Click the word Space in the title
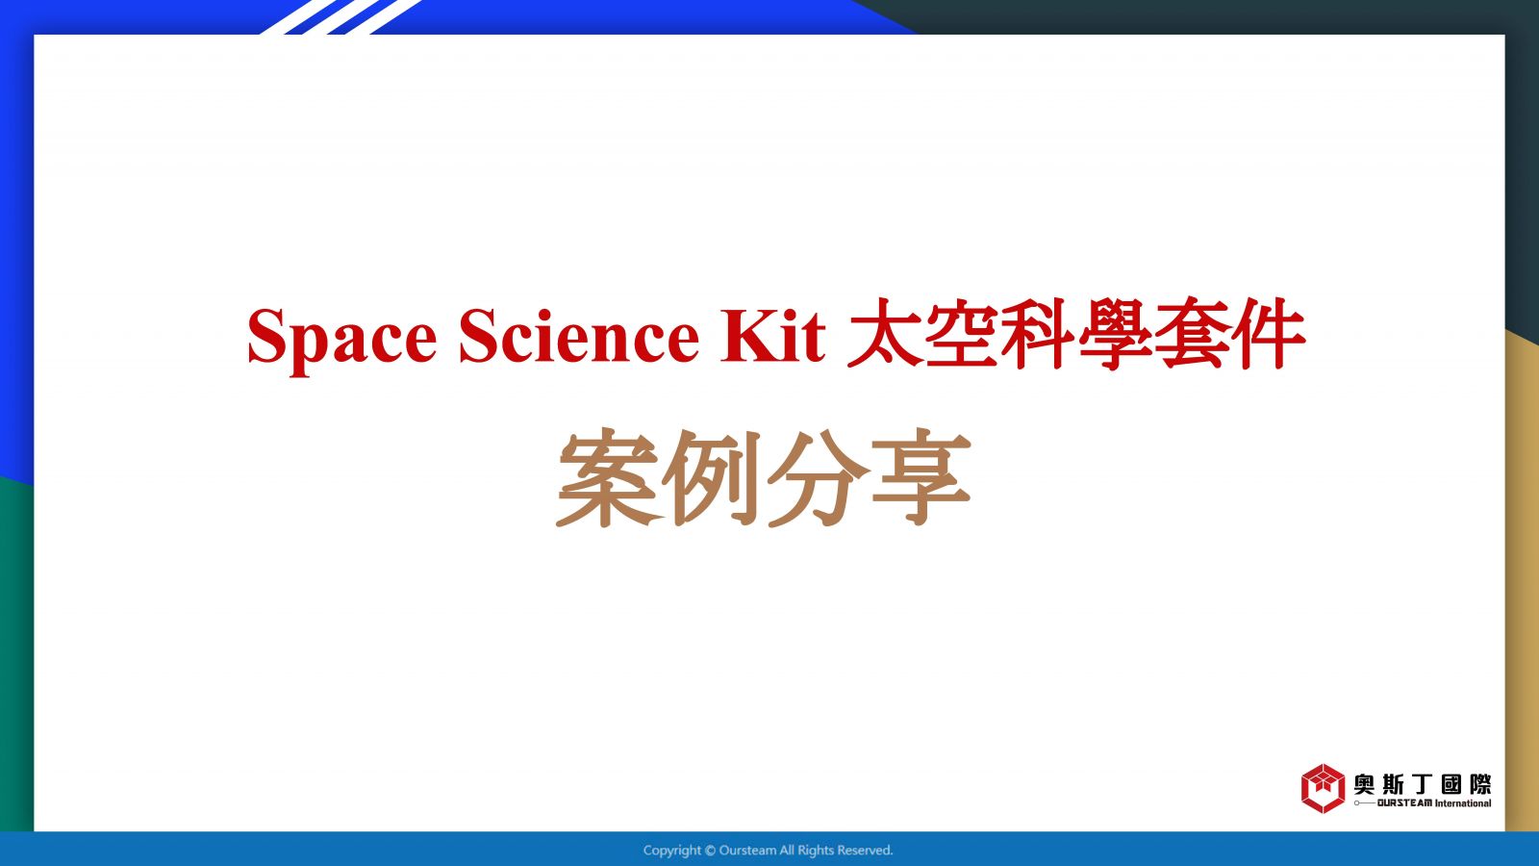(342, 338)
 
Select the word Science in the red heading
(578, 335)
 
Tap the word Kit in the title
(772, 335)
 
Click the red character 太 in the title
(884, 334)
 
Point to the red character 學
(1115, 334)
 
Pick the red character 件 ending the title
(1269, 334)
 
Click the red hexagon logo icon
(1323, 788)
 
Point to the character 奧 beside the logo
(1364, 784)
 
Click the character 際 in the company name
(1480, 784)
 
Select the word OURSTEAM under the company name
(1404, 803)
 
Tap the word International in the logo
(1463, 803)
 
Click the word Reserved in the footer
(865, 851)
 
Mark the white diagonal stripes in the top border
(341, 17)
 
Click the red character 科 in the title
(1038, 334)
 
